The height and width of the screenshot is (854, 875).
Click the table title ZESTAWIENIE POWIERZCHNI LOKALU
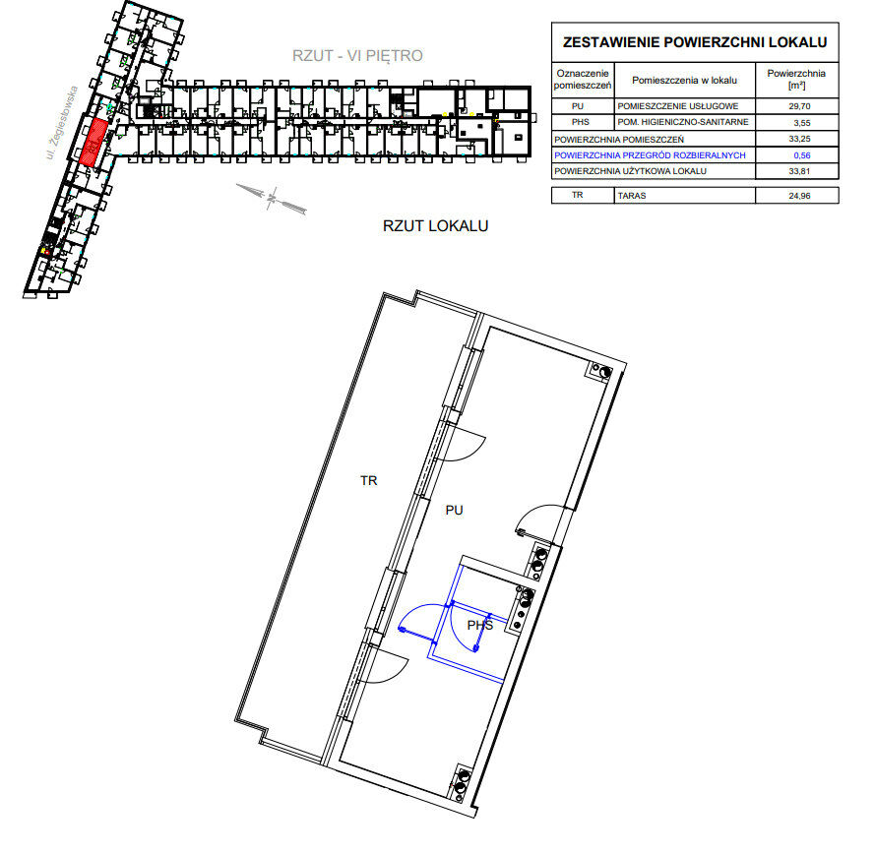pyautogui.click(x=695, y=42)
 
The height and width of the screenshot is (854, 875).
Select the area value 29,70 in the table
pyautogui.click(x=799, y=106)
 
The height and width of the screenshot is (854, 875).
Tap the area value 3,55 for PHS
pyautogui.click(x=801, y=123)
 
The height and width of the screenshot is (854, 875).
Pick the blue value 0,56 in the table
pyautogui.click(x=801, y=155)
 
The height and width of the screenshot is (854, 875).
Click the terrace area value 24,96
pyautogui.click(x=799, y=196)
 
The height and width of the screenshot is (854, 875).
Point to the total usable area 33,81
pyautogui.click(x=799, y=171)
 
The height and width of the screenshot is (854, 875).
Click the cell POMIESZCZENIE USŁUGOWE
pyautogui.click(x=677, y=106)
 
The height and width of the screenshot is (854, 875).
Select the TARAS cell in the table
pyautogui.click(x=632, y=196)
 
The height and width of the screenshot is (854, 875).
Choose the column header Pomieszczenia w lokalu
pyautogui.click(x=684, y=81)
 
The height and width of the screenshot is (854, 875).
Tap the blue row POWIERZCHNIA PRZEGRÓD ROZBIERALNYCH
pyautogui.click(x=650, y=155)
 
